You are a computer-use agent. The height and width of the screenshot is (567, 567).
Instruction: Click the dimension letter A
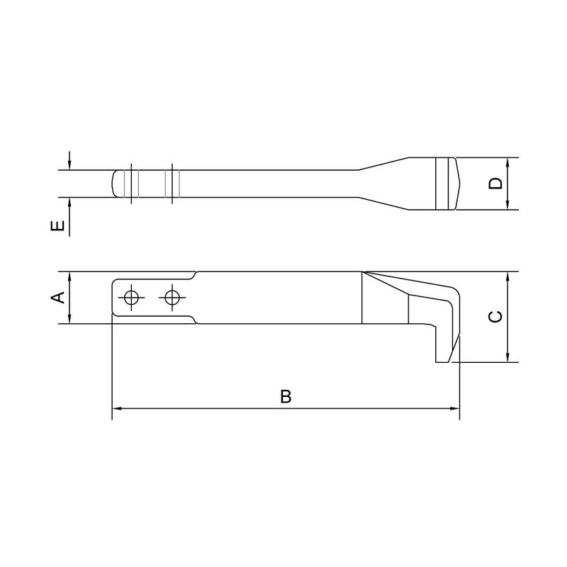click(60, 298)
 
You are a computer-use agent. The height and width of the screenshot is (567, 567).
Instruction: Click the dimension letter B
click(285, 396)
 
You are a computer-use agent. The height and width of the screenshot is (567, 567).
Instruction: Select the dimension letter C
click(496, 316)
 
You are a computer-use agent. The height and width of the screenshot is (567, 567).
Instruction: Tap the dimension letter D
click(496, 184)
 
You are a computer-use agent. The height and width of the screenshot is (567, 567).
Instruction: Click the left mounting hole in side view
click(130, 298)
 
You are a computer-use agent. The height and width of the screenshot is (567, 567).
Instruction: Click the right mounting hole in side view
click(170, 298)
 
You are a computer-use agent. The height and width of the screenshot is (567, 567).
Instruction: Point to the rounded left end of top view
click(115, 184)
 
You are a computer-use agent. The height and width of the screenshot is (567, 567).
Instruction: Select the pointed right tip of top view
click(459, 184)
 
